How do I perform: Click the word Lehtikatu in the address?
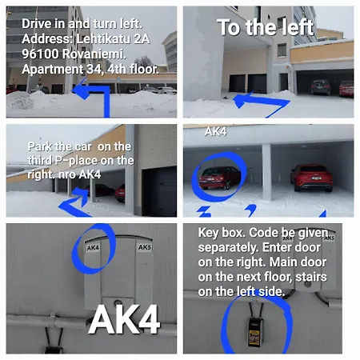(102, 39)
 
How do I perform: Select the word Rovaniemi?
(94, 54)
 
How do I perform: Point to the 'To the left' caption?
(266, 27)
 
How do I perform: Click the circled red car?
(220, 177)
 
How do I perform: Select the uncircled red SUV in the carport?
(311, 178)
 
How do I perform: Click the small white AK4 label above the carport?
(216, 131)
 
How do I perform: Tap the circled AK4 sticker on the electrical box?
(93, 248)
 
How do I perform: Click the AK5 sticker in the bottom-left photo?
(145, 247)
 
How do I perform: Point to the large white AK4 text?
(124, 319)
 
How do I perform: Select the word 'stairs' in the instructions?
(311, 277)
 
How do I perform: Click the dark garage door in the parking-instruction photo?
(159, 190)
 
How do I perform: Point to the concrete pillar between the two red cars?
(266, 172)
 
